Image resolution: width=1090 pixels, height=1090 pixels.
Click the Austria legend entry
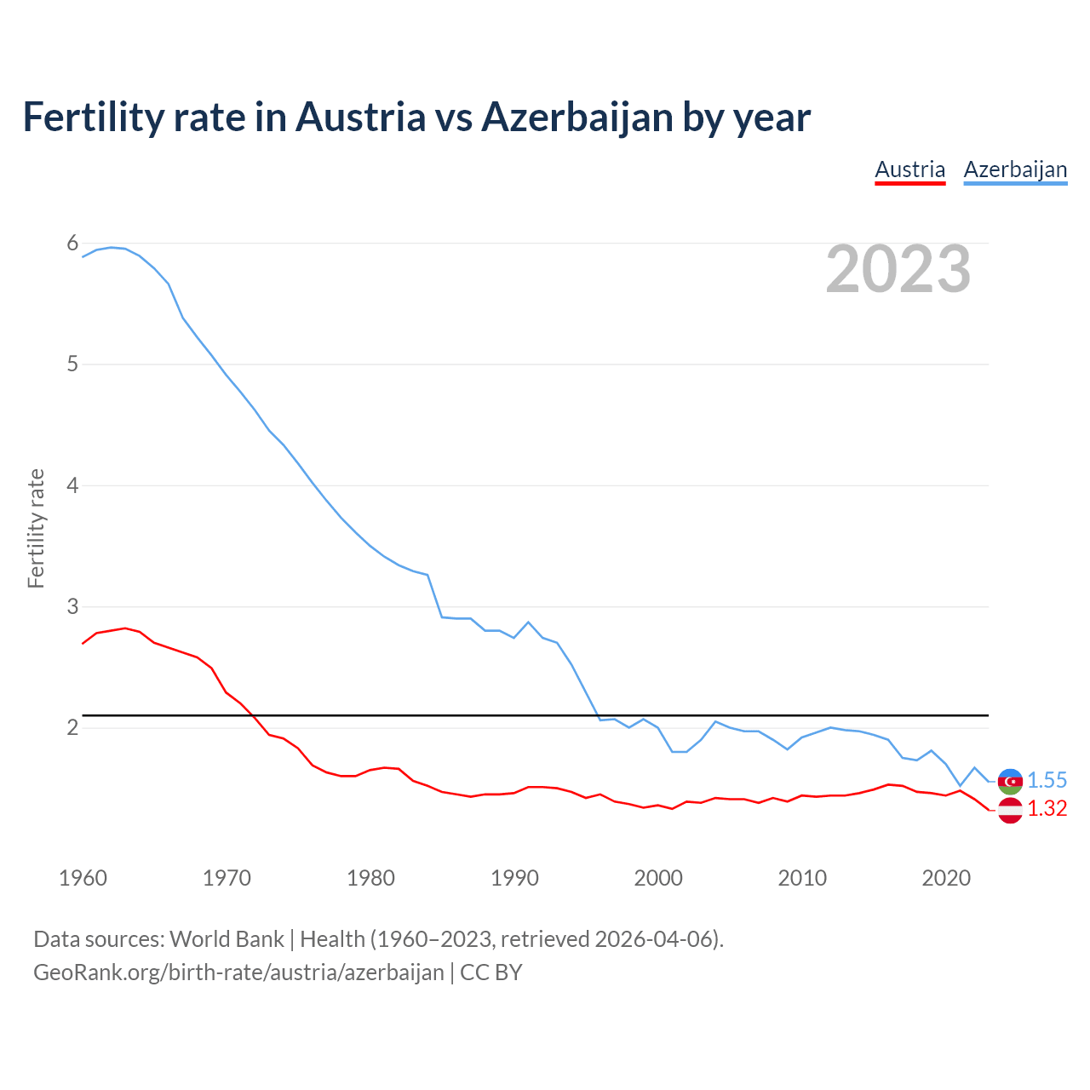click(909, 169)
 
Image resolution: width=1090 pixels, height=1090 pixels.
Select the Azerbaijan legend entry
click(1015, 169)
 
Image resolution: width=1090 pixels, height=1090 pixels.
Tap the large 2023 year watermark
click(898, 269)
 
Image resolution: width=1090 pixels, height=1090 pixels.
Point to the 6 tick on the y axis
click(72, 244)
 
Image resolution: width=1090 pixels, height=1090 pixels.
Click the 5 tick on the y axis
click(72, 364)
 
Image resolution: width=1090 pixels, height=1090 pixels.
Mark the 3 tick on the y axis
click(72, 607)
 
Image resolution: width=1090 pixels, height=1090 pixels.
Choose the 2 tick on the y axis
click(72, 728)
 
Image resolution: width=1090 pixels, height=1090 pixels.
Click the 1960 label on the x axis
click(83, 878)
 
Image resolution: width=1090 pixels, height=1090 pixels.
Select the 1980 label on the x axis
click(370, 878)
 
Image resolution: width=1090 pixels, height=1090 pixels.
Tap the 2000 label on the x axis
click(658, 878)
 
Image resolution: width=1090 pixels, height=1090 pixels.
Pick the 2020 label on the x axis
click(946, 878)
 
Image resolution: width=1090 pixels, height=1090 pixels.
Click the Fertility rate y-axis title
click(36, 528)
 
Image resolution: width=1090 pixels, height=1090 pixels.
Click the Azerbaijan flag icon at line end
click(1010, 781)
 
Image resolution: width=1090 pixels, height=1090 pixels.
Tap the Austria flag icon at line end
click(1010, 810)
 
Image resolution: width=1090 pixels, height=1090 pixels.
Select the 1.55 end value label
click(1047, 781)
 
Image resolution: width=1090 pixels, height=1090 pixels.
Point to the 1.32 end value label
click(1047, 809)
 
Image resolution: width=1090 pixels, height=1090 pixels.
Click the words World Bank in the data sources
click(227, 939)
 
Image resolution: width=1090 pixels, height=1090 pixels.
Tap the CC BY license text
click(491, 972)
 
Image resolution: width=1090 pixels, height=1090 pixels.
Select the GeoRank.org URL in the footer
click(238, 972)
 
